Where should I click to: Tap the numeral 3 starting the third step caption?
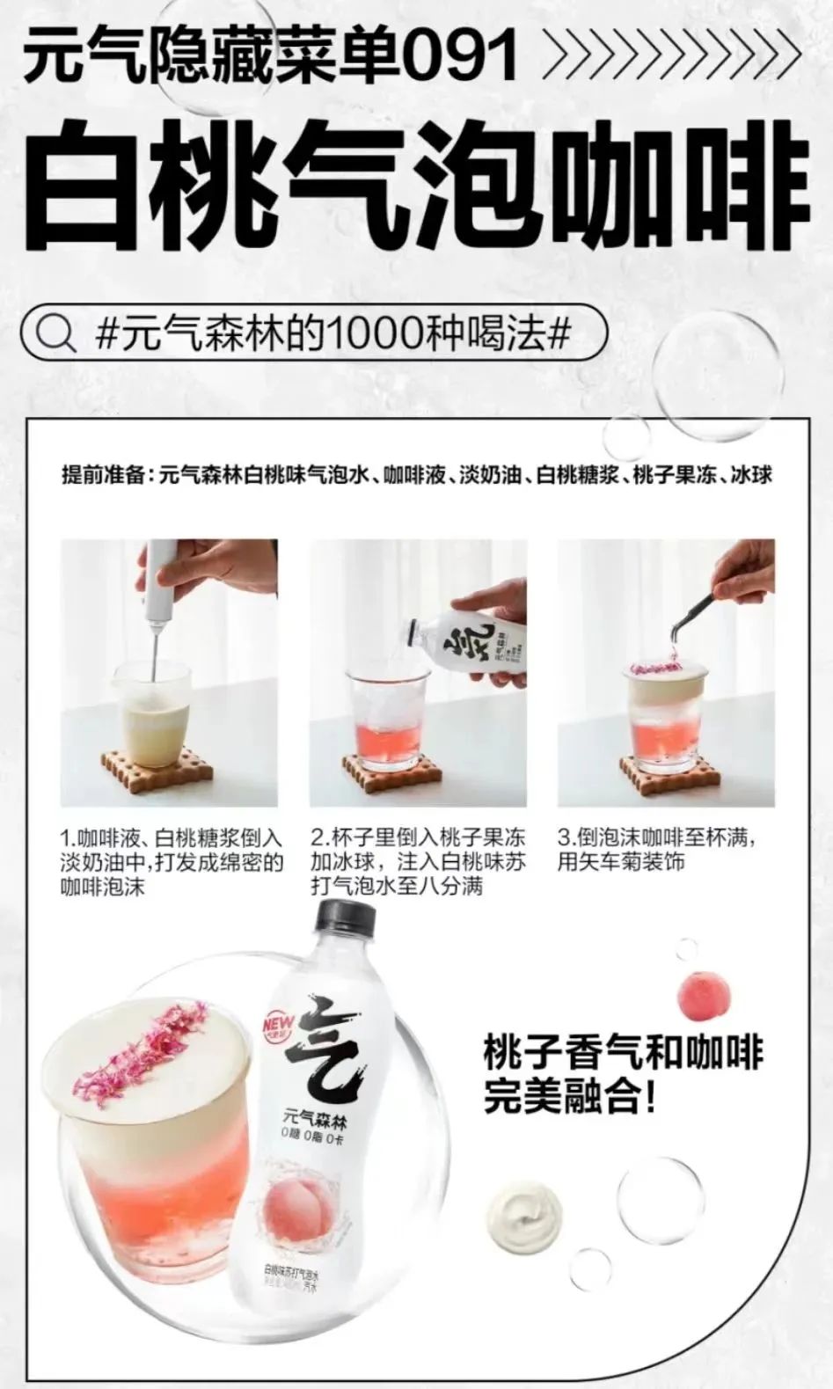[x=564, y=837]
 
